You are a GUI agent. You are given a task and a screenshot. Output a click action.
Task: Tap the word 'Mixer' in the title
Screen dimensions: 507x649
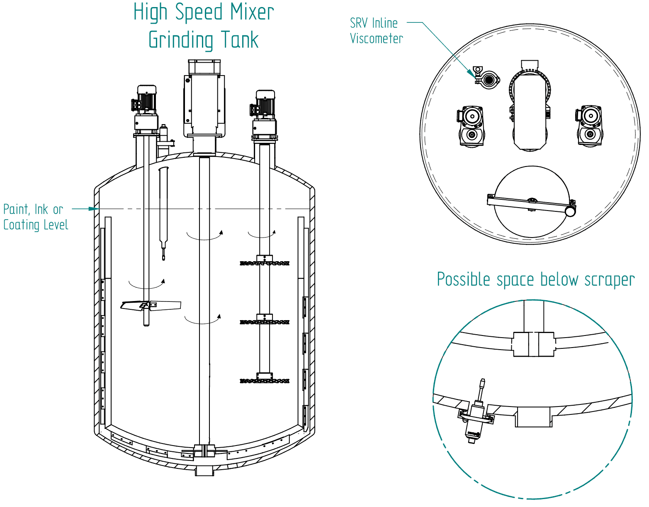(252, 12)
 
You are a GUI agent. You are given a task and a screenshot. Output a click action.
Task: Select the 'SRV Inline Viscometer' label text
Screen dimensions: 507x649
(376, 31)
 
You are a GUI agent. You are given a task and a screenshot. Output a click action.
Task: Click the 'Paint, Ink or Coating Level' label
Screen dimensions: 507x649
(35, 217)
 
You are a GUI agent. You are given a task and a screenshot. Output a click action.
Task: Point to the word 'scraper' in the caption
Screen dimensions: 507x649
(609, 280)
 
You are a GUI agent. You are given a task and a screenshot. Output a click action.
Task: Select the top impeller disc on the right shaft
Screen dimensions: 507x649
(265, 263)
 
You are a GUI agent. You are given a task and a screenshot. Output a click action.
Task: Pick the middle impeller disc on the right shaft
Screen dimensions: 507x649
(265, 322)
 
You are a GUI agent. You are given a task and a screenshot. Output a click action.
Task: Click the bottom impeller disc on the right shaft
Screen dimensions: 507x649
(265, 380)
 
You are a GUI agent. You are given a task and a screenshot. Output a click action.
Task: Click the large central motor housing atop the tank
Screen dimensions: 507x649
(204, 104)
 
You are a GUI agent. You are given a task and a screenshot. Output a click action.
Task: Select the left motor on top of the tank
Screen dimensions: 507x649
(146, 104)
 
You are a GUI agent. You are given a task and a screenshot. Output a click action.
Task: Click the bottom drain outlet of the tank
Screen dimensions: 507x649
(204, 471)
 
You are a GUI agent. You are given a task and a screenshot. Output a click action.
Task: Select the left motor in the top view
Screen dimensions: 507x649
(472, 126)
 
